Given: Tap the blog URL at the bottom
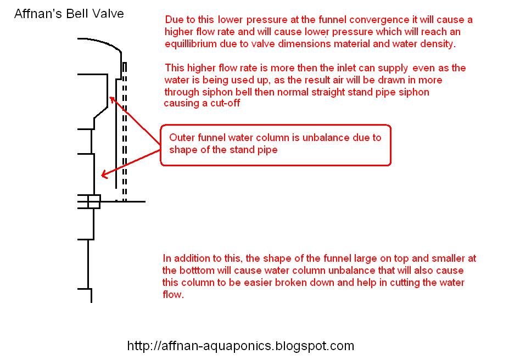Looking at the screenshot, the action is pos(240,346).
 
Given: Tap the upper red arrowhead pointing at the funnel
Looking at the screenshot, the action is pos(112,99).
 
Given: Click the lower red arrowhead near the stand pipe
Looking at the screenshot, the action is pos(104,175).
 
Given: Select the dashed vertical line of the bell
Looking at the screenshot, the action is pos(125,132).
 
